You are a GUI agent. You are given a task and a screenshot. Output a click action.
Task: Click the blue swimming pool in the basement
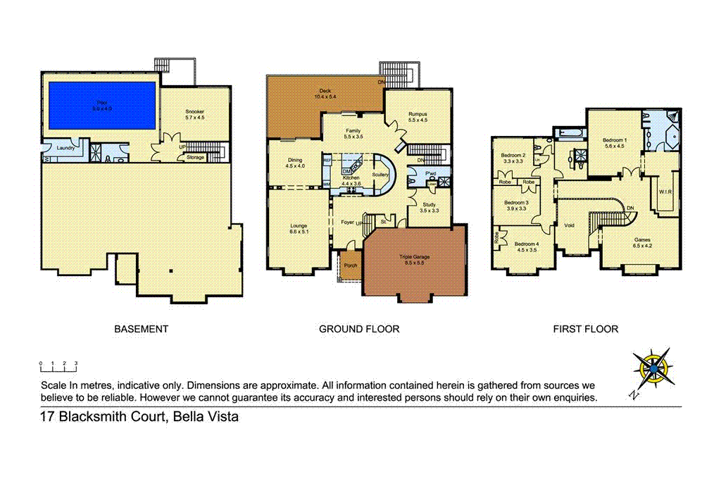(x=101, y=106)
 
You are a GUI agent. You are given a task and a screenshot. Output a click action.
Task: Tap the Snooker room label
(x=194, y=112)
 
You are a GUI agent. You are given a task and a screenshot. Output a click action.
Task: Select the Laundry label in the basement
(x=57, y=148)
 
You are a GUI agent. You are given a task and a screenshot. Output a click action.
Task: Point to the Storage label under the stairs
(x=196, y=157)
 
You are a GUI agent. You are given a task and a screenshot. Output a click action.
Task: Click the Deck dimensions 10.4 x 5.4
(x=325, y=96)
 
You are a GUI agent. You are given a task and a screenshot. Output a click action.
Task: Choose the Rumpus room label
(x=418, y=113)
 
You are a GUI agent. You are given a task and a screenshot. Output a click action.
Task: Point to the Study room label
(x=429, y=205)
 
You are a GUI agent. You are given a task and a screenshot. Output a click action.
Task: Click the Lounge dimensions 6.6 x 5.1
(x=299, y=231)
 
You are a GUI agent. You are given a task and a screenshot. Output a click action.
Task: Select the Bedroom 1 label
(x=614, y=141)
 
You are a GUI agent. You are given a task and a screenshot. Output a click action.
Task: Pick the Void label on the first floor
(x=569, y=225)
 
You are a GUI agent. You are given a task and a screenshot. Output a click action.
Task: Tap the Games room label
(x=642, y=239)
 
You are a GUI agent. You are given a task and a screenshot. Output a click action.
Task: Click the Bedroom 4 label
(x=527, y=244)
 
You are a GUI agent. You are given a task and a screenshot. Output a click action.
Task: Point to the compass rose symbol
(x=653, y=368)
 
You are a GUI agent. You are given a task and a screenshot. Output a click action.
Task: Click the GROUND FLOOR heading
(x=359, y=329)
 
